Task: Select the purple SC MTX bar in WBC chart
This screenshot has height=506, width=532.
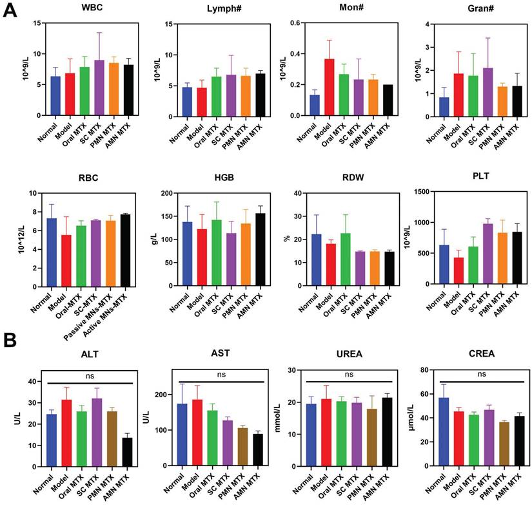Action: (99, 88)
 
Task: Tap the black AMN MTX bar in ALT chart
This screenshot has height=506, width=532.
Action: (128, 451)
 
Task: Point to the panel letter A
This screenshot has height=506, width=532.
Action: (10, 12)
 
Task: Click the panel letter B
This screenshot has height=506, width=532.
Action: (10, 339)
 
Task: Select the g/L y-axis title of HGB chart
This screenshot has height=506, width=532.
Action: (153, 238)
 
